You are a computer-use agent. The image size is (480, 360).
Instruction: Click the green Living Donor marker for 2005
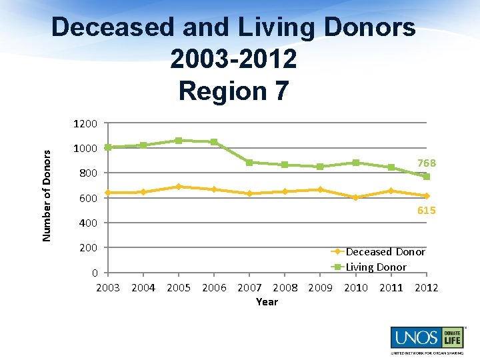pos(179,141)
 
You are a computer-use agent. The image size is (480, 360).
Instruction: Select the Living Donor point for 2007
pos(249,163)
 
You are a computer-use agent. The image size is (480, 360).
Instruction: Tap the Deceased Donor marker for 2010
pos(355,197)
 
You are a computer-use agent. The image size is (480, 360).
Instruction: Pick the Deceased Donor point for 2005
pos(179,187)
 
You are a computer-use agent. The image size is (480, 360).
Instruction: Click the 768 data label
pos(427,163)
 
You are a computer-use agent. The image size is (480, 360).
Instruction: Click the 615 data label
pos(427,211)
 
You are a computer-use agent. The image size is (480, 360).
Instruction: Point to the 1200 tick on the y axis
pos(87,124)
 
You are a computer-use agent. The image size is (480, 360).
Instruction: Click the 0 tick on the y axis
pos(95,273)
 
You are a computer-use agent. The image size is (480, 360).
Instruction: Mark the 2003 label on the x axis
pos(108,288)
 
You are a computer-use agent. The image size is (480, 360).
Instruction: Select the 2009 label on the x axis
pos(320,288)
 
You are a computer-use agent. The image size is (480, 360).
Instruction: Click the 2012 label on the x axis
pos(427,288)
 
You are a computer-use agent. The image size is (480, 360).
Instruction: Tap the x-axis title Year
pos(267,302)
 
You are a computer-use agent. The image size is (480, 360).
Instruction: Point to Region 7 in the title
pos(233,91)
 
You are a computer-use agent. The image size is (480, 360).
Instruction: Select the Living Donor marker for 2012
pos(427,177)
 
